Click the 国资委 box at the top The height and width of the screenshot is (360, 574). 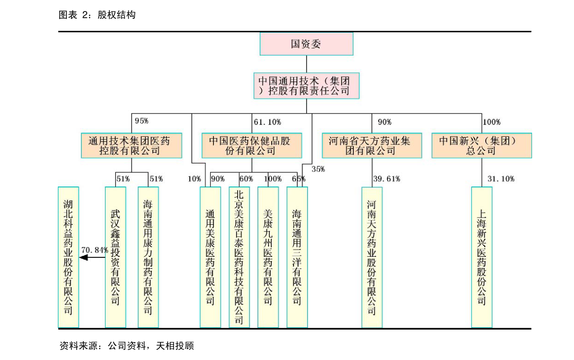click(x=307, y=44)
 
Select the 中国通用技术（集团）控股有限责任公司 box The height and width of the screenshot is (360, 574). click(x=307, y=86)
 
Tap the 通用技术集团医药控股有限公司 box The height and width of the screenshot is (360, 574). click(x=132, y=146)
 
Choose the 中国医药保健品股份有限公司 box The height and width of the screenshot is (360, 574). click(x=252, y=146)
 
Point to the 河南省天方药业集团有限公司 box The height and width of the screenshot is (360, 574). click(x=372, y=146)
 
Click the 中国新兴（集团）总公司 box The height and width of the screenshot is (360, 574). click(x=482, y=146)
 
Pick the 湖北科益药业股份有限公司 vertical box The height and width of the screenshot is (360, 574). click(x=68, y=257)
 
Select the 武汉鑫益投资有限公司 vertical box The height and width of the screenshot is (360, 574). click(x=115, y=257)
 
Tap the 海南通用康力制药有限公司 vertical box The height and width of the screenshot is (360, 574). click(x=148, y=257)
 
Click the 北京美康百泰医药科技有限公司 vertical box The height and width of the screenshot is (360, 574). click(x=239, y=257)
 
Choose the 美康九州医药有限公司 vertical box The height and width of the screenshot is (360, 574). click(x=268, y=257)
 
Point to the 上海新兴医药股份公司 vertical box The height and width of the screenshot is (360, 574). click(x=482, y=257)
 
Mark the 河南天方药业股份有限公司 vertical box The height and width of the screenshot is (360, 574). click(x=372, y=257)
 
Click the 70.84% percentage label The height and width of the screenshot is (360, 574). click(x=94, y=250)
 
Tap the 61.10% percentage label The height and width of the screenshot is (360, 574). click(x=267, y=122)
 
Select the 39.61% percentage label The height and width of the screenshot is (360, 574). click(x=387, y=179)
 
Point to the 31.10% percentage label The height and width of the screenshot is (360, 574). click(x=501, y=179)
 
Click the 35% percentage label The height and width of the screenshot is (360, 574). click(x=318, y=169)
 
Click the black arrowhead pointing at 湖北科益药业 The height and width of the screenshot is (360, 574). click(x=83, y=257)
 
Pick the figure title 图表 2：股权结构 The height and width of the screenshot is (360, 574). click(x=97, y=14)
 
